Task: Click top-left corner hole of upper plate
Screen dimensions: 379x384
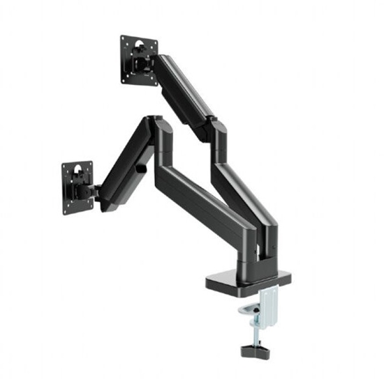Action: coord(123,40)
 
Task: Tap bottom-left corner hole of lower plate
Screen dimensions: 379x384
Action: coord(66,210)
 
